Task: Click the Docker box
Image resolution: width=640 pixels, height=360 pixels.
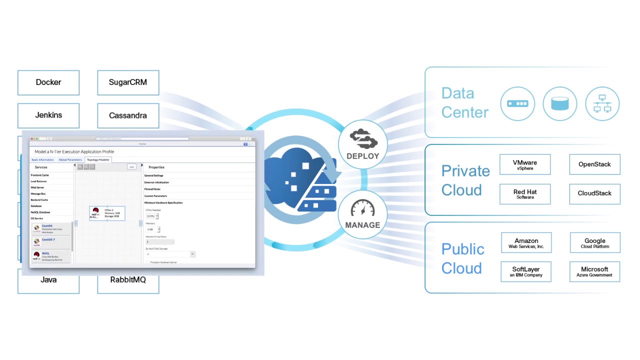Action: point(48,82)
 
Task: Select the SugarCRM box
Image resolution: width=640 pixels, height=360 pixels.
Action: point(128,82)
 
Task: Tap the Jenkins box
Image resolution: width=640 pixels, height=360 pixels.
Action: point(48,115)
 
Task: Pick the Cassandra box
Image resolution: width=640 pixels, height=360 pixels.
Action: point(128,115)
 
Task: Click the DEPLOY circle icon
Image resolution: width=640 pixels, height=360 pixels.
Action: point(362,144)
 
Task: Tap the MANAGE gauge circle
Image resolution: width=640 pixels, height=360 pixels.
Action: point(362,213)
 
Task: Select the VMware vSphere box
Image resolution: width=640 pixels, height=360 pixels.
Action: point(525,164)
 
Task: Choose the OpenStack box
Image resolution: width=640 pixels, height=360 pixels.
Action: point(594,164)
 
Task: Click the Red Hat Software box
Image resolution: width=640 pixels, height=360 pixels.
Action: point(525,193)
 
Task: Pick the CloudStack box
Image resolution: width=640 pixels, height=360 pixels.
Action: point(594,193)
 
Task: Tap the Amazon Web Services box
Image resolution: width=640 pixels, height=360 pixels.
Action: point(526,243)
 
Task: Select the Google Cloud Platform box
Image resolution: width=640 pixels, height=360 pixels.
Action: point(594,243)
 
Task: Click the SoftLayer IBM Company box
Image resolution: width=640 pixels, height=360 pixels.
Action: point(526,271)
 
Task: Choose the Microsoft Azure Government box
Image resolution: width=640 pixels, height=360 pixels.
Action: point(594,271)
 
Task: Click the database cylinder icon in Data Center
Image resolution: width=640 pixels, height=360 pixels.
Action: point(559,103)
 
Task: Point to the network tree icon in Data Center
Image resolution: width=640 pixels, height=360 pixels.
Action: point(602,103)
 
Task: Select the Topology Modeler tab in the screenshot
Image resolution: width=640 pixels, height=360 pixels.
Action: point(97,159)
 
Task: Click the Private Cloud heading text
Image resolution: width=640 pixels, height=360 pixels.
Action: point(465,180)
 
